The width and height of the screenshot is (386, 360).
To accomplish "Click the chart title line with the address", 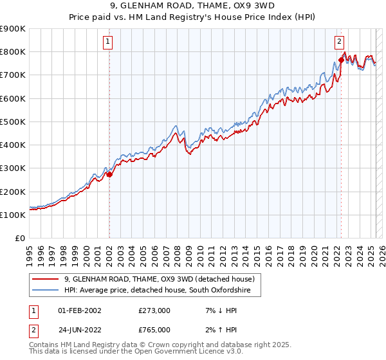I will click(192, 7).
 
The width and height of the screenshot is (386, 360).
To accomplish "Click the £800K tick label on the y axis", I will click(13, 51).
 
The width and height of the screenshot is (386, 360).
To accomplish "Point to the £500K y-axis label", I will click(13, 122).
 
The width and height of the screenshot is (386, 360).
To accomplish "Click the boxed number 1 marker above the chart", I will click(109, 42).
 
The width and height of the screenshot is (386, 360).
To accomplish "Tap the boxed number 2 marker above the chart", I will click(339, 42).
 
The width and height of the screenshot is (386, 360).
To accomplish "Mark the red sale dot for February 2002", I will click(109, 174).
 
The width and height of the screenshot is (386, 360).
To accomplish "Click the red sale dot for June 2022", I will click(341, 60).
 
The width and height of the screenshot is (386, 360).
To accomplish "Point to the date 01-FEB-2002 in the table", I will click(79, 310).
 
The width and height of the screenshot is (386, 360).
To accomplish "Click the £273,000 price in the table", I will click(154, 310).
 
